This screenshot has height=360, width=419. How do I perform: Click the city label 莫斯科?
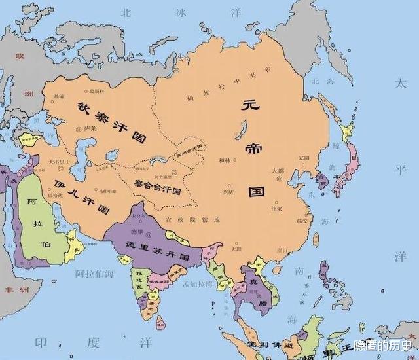point(97,91)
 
